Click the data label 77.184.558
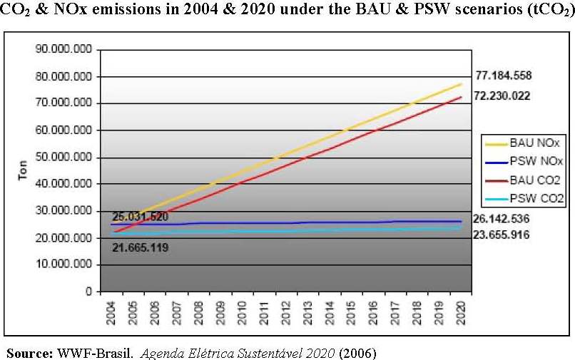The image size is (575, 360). point(503,76)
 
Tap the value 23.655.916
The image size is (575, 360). point(501,235)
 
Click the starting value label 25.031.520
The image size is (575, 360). point(140,217)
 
